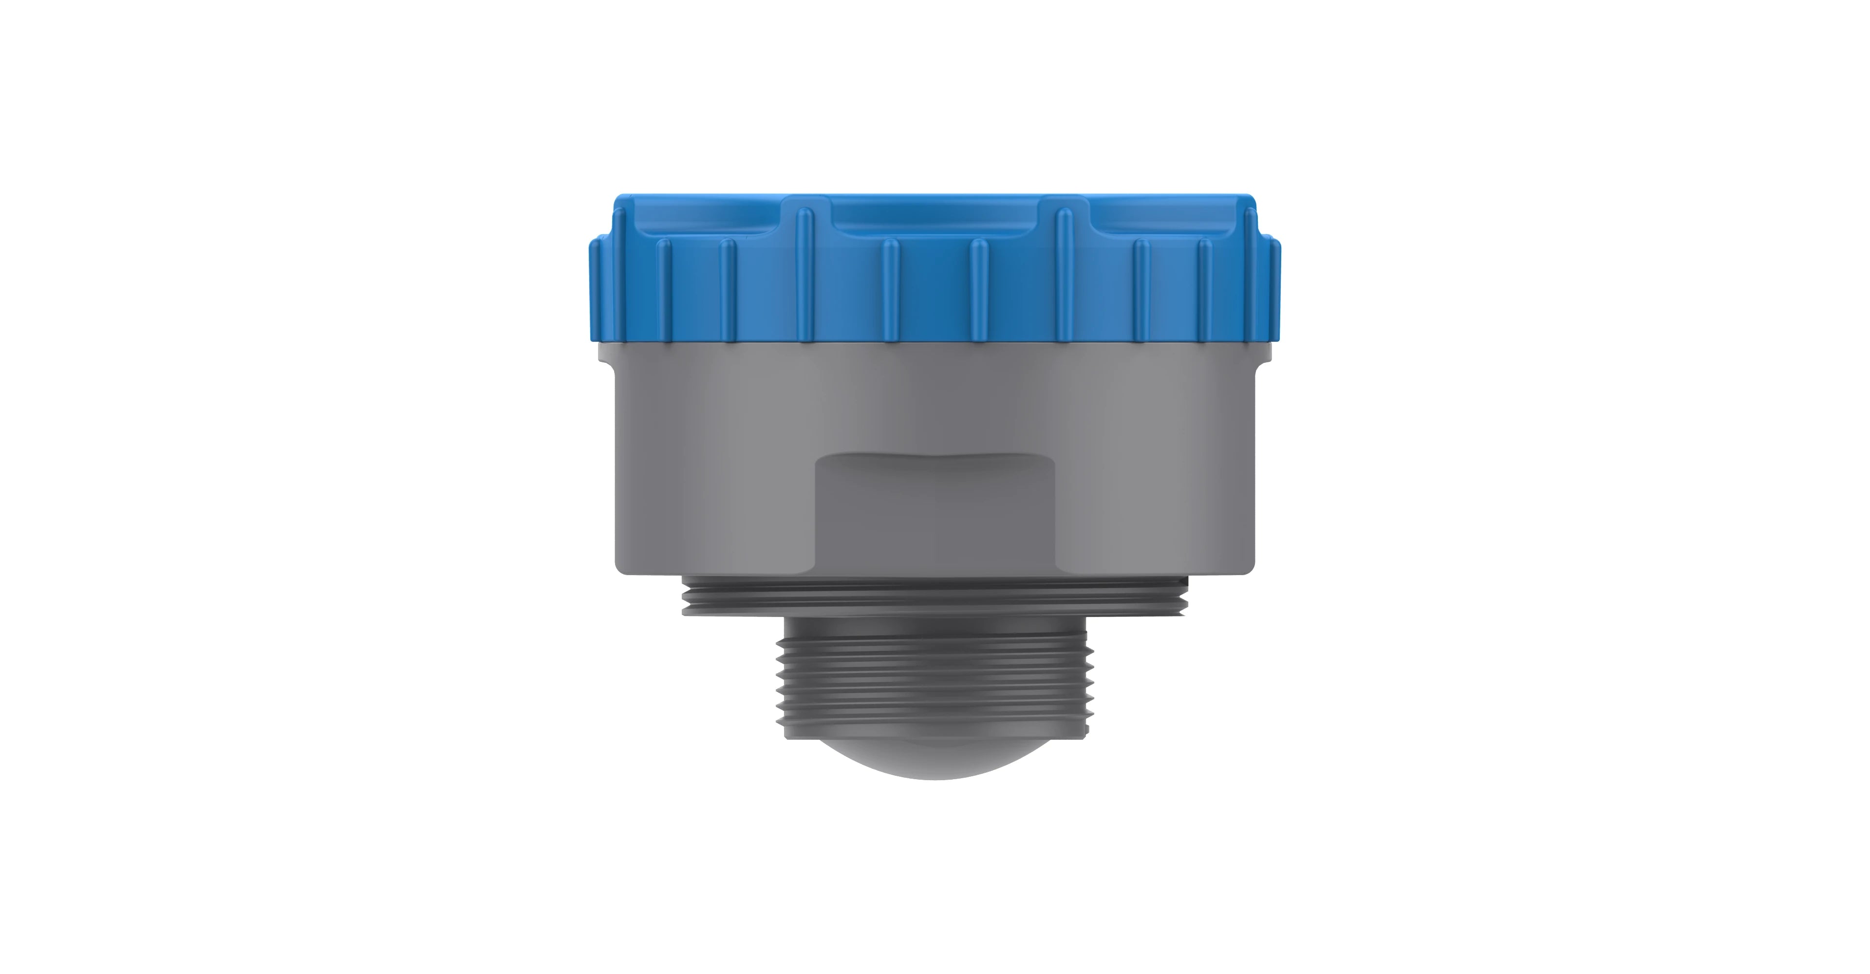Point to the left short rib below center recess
891,290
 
